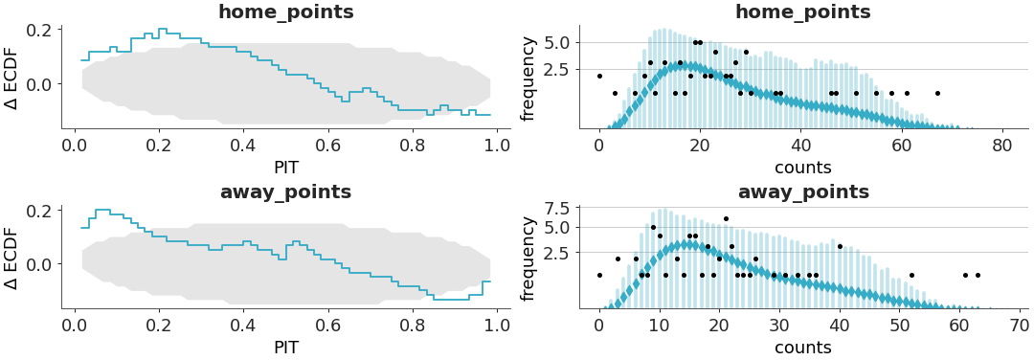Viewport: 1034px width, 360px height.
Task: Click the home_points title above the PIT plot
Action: [285, 12]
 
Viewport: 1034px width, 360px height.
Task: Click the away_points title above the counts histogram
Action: [802, 192]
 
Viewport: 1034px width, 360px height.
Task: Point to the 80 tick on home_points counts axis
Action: [1002, 146]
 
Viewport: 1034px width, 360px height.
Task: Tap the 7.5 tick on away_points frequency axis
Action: [558, 208]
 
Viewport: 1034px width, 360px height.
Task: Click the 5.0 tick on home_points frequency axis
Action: [558, 42]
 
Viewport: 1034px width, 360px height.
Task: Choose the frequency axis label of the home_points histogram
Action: [528, 78]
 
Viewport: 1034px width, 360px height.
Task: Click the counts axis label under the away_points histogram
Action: [802, 348]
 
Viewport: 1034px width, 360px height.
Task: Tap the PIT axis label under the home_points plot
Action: [285, 168]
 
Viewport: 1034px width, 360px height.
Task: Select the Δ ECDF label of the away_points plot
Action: [11, 257]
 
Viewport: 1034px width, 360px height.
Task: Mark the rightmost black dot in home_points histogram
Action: [937, 93]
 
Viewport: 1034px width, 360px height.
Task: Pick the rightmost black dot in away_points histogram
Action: [978, 275]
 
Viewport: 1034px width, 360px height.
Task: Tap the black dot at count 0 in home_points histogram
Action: [599, 76]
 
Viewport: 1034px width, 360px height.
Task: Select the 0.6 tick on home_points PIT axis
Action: [328, 146]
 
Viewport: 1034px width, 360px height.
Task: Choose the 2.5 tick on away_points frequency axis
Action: [558, 253]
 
